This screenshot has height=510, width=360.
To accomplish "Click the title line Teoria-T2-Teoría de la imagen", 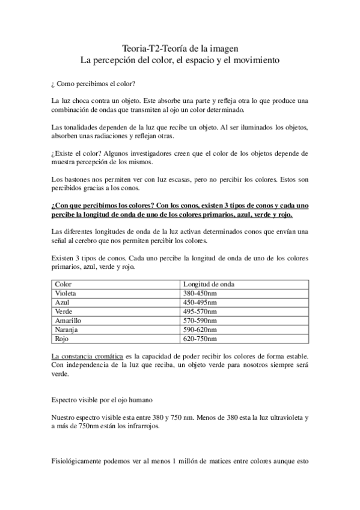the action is pyautogui.click(x=180, y=48).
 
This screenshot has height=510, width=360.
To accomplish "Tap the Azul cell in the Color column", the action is pyautogui.click(x=63, y=302).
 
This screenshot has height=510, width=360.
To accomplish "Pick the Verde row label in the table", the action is pyautogui.click(x=64, y=312).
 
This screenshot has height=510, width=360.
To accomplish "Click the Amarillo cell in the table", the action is pyautogui.click(x=68, y=321).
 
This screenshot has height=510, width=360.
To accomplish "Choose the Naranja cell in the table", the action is pyautogui.click(x=67, y=330).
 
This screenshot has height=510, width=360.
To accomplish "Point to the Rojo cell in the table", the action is pyautogui.click(x=63, y=339).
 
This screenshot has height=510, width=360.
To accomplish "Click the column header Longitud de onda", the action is pyautogui.click(x=209, y=284).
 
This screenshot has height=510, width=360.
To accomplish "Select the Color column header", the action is pyautogui.click(x=63, y=284).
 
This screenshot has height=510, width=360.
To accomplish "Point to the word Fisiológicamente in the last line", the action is pyautogui.click(x=81, y=462).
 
